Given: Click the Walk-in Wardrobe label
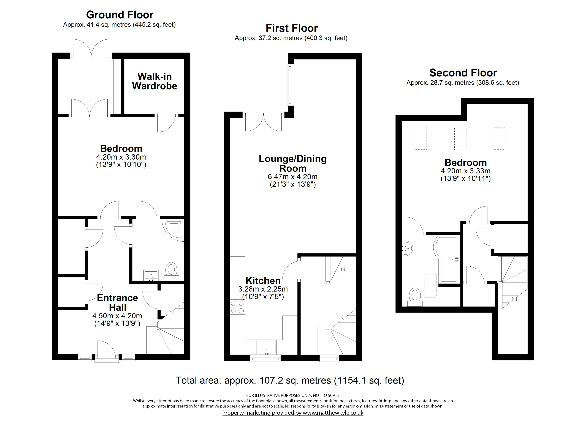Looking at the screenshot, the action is [x=154, y=81].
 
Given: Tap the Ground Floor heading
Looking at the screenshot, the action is [x=120, y=15].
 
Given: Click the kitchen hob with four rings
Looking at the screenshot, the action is [x=237, y=307].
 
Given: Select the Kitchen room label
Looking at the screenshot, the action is [x=263, y=281].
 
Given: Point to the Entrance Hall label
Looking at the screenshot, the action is [x=118, y=302].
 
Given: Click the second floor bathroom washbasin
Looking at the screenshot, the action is [x=407, y=248].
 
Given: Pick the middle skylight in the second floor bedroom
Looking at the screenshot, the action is [x=460, y=139].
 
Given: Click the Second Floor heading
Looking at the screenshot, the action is [x=463, y=73].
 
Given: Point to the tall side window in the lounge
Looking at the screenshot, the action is [x=291, y=85].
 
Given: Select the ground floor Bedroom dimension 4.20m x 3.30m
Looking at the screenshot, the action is [x=121, y=157].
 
